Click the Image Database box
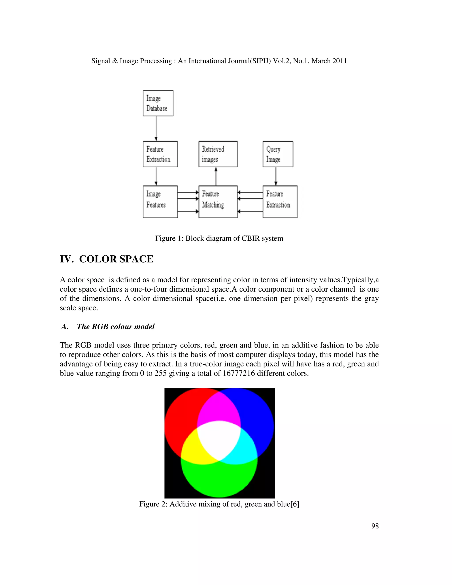pos(158,103)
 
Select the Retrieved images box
pos(218,154)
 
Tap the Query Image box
pos(278,154)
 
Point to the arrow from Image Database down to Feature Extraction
pos(156,128)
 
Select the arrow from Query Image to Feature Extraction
pos(276,176)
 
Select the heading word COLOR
pos(98,259)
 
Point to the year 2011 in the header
pos(339,61)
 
